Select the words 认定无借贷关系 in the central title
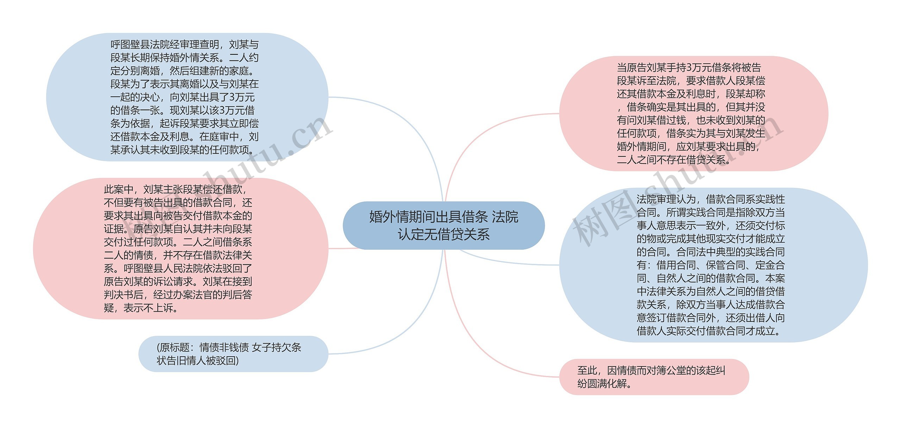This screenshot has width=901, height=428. coord(443,235)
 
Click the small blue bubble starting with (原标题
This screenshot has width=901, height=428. coord(233,354)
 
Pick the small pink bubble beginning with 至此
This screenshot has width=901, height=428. coord(654,377)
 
